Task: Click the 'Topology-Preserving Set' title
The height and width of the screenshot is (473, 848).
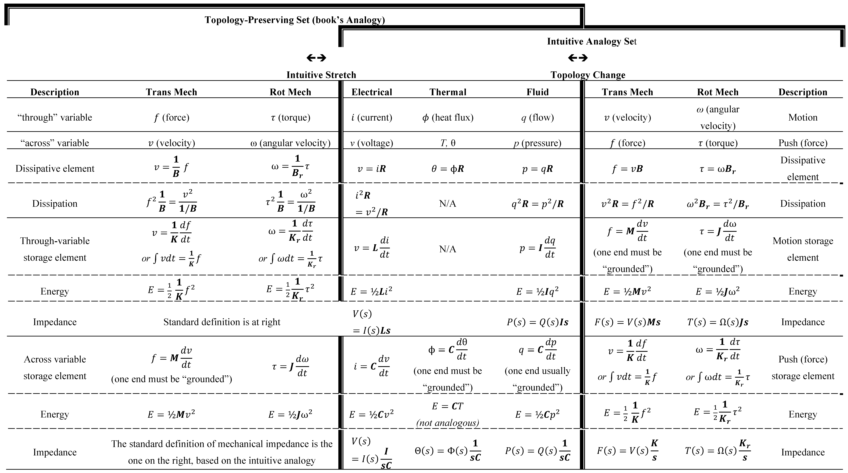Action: point(295,20)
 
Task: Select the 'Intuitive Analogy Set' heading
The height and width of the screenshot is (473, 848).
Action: point(592,42)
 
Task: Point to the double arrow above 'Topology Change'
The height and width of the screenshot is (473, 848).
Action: point(578,58)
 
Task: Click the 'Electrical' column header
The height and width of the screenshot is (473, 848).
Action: point(372,92)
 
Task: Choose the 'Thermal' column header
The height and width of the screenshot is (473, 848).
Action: point(448,92)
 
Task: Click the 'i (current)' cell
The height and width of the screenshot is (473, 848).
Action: point(372,118)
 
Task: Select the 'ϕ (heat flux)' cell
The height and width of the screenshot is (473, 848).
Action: point(448,118)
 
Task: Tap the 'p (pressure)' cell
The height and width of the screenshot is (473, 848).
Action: point(537,143)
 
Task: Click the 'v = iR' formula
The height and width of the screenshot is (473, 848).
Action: point(372,169)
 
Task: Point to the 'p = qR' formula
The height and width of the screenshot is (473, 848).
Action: point(537,169)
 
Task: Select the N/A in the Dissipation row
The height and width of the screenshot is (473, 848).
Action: point(448,204)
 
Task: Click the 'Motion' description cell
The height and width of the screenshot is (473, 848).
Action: point(803,118)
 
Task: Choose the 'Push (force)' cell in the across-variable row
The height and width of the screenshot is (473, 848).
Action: point(803,143)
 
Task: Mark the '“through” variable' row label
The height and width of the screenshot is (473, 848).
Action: point(55,118)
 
